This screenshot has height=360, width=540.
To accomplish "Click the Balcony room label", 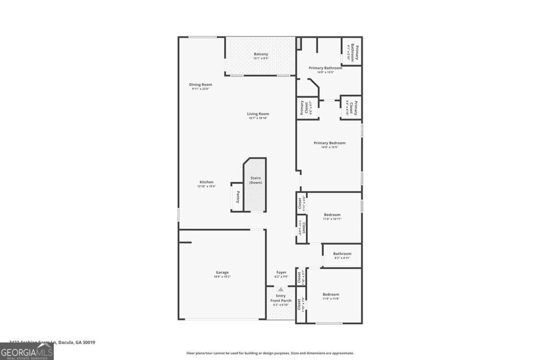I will coord(261,54).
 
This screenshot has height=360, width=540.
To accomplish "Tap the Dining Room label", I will coord(200,84).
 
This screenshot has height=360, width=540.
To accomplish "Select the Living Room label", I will coord(258,114).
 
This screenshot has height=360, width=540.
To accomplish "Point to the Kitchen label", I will coord(206,182).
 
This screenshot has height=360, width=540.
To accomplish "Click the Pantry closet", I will coord(238,197).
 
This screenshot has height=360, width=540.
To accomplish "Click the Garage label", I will coord(221,273).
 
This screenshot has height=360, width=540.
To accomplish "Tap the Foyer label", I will coord(281,273).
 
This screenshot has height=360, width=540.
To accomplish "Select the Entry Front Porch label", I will coord(281,298).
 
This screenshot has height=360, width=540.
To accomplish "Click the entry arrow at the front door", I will coord(281,289).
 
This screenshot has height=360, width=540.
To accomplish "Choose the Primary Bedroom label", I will coord(330,143).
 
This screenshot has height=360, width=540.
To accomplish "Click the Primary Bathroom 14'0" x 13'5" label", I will coord(325,68).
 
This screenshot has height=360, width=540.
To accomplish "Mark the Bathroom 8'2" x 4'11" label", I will coord(342,254).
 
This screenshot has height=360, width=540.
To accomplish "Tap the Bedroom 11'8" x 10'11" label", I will coord(332,215).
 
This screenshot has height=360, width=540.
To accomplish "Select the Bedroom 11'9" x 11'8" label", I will coord(331,295).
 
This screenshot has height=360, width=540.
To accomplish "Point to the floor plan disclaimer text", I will coord(269,353).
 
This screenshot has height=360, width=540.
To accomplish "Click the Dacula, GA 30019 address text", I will coord(69,342).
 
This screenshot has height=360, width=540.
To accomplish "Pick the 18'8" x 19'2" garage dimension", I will coord(221,277).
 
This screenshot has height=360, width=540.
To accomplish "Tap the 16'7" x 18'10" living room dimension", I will coord(258,118).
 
